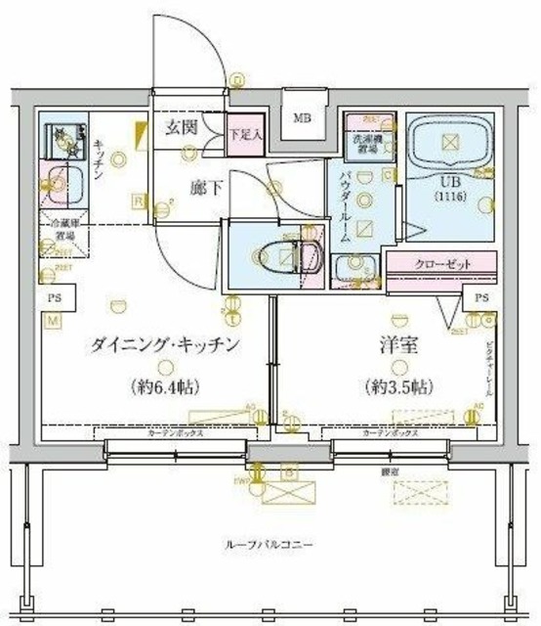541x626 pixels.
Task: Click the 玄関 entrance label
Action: (183, 128)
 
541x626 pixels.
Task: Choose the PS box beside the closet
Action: (481, 298)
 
